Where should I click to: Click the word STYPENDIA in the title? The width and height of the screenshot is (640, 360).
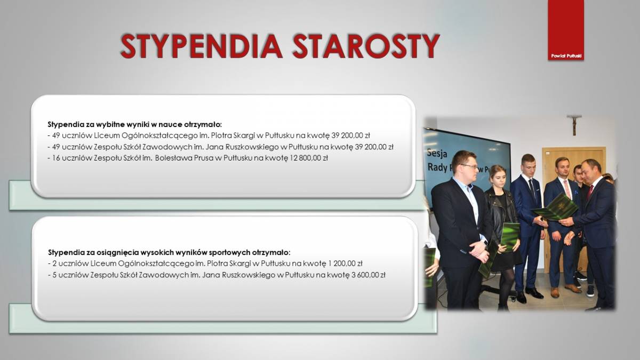click(202, 46)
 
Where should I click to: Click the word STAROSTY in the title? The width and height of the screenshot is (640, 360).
click(366, 46)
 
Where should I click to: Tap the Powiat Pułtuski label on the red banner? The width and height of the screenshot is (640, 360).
click(566, 56)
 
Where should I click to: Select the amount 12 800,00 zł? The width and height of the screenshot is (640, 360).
click(309, 158)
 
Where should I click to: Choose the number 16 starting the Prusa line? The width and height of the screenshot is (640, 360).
click(56, 158)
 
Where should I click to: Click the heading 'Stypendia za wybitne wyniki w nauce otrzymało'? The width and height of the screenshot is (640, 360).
click(135, 125)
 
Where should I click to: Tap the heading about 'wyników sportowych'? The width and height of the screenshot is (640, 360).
click(169, 253)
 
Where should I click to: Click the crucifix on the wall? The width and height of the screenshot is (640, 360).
click(574, 124)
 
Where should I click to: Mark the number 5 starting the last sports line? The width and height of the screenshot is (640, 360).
click(54, 275)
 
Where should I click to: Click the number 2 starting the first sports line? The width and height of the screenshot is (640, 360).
click(54, 263)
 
